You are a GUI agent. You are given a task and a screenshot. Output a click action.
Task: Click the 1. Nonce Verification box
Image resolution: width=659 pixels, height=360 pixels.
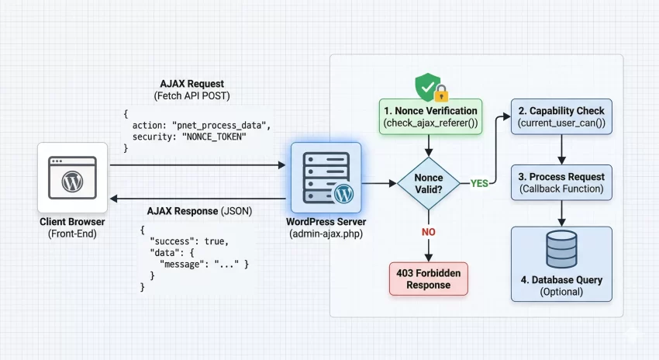coord(430,117)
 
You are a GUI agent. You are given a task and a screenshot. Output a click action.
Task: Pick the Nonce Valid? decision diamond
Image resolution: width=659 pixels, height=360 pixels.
coord(428,184)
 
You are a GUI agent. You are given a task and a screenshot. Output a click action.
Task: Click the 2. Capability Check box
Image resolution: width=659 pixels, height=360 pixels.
coord(561,117)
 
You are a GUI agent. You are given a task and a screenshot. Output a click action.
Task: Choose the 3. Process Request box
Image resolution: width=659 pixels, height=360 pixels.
coord(561,182)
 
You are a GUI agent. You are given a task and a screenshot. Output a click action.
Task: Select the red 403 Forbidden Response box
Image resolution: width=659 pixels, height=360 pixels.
coord(428,279)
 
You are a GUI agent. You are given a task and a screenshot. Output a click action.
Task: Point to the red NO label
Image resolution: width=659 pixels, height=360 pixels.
coord(428,231)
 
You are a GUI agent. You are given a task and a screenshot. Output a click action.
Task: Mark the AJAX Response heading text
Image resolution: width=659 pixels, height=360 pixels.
coord(197,211)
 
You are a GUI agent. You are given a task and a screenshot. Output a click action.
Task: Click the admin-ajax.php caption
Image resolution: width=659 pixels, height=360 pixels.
coord(326,234)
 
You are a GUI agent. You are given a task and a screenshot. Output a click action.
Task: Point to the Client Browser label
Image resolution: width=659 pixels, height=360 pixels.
coord(71,222)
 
